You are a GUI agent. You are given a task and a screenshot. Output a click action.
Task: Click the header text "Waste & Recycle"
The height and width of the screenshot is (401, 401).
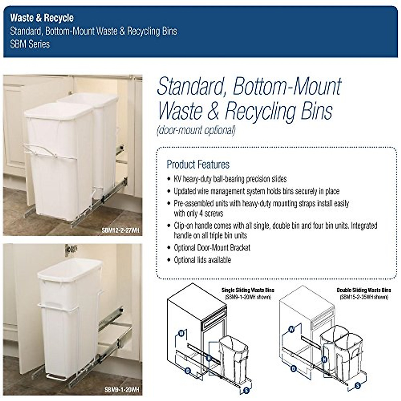42,18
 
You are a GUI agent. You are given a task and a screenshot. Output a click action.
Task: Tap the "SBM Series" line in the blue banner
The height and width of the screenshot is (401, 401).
30,44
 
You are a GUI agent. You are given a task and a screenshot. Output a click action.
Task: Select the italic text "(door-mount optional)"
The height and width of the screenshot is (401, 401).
196,130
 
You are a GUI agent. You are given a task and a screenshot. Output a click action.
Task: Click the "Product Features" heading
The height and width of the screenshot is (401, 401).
198,164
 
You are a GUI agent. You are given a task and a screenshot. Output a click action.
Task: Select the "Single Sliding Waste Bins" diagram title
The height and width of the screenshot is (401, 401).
248,290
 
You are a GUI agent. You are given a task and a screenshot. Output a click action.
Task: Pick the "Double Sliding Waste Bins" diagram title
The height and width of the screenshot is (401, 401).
364,290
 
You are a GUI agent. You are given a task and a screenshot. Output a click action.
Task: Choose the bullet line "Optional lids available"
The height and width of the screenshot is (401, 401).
202,260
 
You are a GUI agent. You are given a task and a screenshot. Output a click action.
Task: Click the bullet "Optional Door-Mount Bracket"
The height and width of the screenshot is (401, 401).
212,248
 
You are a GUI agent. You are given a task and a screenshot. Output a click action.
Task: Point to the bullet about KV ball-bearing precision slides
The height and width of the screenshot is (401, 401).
230,179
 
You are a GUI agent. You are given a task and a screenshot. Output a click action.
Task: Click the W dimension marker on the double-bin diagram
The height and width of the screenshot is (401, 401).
291,329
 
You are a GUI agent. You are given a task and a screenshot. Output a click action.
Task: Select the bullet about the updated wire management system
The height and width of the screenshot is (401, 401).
256,191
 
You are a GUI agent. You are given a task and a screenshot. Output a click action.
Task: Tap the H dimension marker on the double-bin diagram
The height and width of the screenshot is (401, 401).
324,360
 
